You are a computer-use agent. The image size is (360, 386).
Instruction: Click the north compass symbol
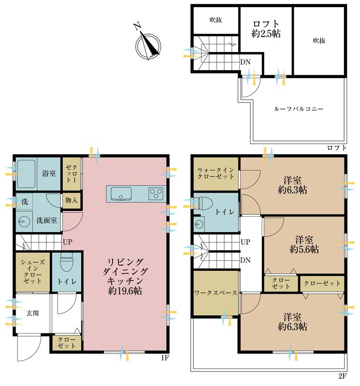148,44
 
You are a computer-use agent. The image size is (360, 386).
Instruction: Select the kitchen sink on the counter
121,194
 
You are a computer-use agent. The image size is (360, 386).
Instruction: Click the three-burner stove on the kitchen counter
156,194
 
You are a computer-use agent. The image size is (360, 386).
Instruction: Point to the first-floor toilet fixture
66,261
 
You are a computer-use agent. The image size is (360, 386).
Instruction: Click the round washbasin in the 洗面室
24,222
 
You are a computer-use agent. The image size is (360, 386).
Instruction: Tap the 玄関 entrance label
32,313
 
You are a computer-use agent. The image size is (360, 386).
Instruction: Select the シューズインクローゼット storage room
33,272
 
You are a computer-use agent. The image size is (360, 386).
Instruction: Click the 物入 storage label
71,200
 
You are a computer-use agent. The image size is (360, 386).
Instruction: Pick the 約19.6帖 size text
125,291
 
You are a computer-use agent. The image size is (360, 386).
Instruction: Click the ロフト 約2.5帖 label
266,29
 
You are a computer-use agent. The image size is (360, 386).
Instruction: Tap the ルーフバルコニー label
298,109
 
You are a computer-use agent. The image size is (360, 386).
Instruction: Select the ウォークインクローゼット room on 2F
216,173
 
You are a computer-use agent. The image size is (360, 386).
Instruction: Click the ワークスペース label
215,293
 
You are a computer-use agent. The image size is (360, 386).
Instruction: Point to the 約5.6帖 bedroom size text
304,250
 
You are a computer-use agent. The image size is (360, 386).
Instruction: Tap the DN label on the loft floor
245,62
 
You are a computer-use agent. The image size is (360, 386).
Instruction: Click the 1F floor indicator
165,358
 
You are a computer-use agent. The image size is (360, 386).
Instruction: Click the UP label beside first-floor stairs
67,242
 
